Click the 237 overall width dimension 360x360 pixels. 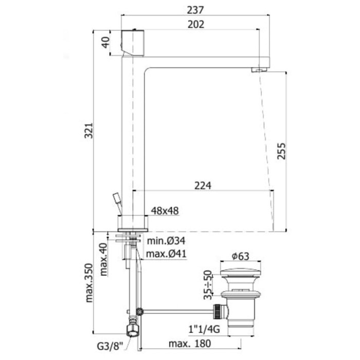click(x=196, y=9)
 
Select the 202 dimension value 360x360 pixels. click(x=196, y=24)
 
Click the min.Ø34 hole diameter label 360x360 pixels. click(x=166, y=241)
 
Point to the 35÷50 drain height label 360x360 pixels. click(x=208, y=286)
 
